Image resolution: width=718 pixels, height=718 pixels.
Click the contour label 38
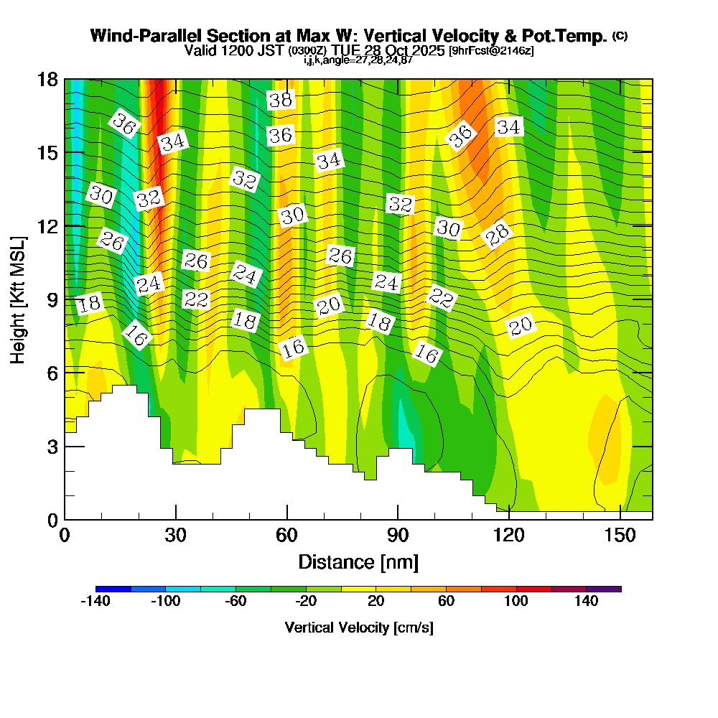coord(281,100)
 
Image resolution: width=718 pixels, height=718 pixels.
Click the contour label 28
coord(496,234)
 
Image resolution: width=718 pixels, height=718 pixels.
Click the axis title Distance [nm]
coord(358,561)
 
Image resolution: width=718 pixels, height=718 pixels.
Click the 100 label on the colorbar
coord(516,602)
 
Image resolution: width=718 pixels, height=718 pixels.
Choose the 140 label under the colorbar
coord(587,602)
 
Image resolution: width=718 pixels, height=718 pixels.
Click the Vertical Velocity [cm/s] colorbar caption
coord(358,628)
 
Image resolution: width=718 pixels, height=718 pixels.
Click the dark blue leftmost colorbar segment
coord(113,589)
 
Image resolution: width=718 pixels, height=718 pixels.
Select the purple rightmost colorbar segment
coord(604,589)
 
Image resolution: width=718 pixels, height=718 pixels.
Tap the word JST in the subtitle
coord(272,51)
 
